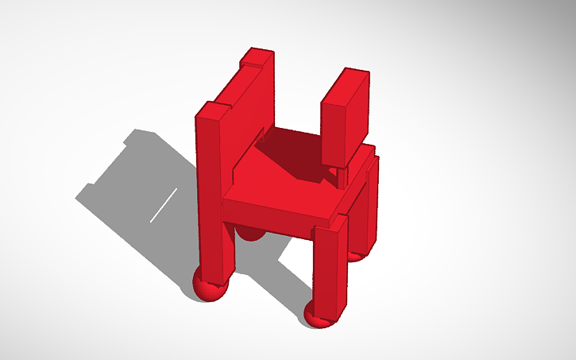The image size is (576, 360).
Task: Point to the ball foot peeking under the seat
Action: click(x=253, y=234)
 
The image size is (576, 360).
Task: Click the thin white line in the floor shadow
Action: click(x=164, y=205)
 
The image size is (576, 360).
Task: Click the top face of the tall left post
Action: click(x=211, y=110)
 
